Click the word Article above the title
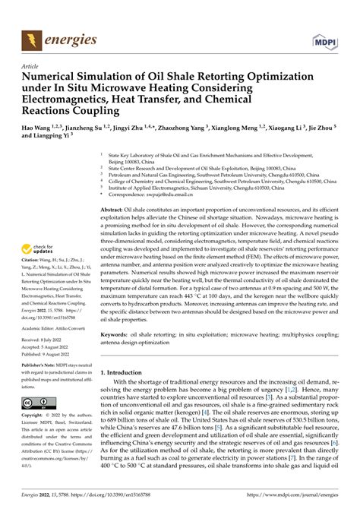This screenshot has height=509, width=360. (30, 67)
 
